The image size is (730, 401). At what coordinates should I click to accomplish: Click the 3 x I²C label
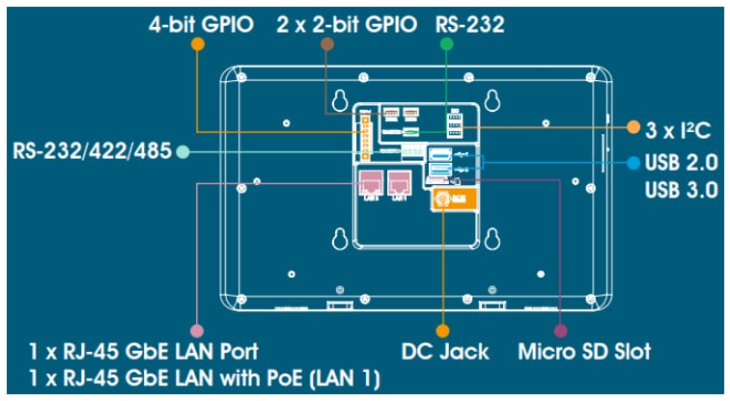[680, 127]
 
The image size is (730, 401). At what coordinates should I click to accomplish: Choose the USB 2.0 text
[681, 163]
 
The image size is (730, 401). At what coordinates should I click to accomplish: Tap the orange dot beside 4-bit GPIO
[197, 44]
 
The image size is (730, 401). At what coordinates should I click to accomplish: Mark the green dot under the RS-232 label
[447, 44]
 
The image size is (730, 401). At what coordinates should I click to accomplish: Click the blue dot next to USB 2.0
[632, 163]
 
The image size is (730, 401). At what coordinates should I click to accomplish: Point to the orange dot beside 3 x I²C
[633, 127]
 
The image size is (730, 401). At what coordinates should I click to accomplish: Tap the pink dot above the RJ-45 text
[197, 328]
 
